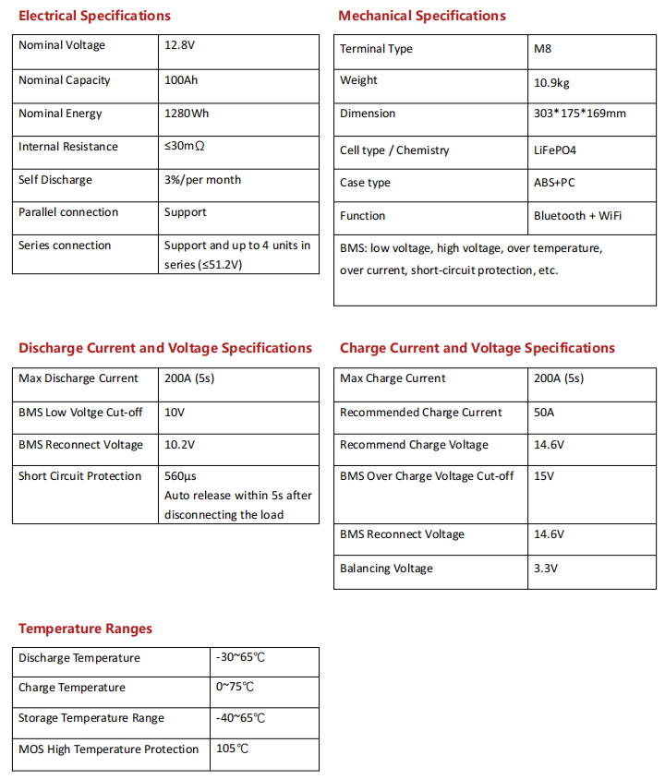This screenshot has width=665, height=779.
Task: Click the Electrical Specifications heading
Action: [x=94, y=16]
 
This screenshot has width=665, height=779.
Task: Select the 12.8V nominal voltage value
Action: [x=180, y=46]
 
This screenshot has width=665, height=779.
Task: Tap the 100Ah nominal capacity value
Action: [x=181, y=80]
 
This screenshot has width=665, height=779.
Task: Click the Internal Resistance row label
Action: [x=68, y=147]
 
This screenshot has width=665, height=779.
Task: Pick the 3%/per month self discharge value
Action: [x=202, y=180]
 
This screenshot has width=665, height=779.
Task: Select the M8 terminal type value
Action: [x=542, y=49]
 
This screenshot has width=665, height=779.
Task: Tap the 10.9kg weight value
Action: [x=552, y=82]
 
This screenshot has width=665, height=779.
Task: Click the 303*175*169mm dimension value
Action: [x=579, y=114]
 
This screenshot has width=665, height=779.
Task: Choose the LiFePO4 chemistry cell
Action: [x=555, y=150]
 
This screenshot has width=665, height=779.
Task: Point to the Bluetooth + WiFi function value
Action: [x=577, y=216]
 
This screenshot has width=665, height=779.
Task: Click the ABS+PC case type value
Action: [x=554, y=183]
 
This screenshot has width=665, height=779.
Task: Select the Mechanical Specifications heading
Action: [x=422, y=16]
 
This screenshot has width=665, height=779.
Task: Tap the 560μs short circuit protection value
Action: [x=180, y=476]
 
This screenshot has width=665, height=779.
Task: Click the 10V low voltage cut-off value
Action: [x=175, y=413]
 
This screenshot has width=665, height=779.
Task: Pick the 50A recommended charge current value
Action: [x=544, y=413]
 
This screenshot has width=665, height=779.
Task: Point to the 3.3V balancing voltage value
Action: [x=546, y=569]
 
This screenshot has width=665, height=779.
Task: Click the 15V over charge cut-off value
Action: [x=543, y=476]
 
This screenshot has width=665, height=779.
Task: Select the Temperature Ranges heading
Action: [x=85, y=629]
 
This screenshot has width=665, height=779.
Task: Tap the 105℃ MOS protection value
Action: [x=232, y=749]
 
